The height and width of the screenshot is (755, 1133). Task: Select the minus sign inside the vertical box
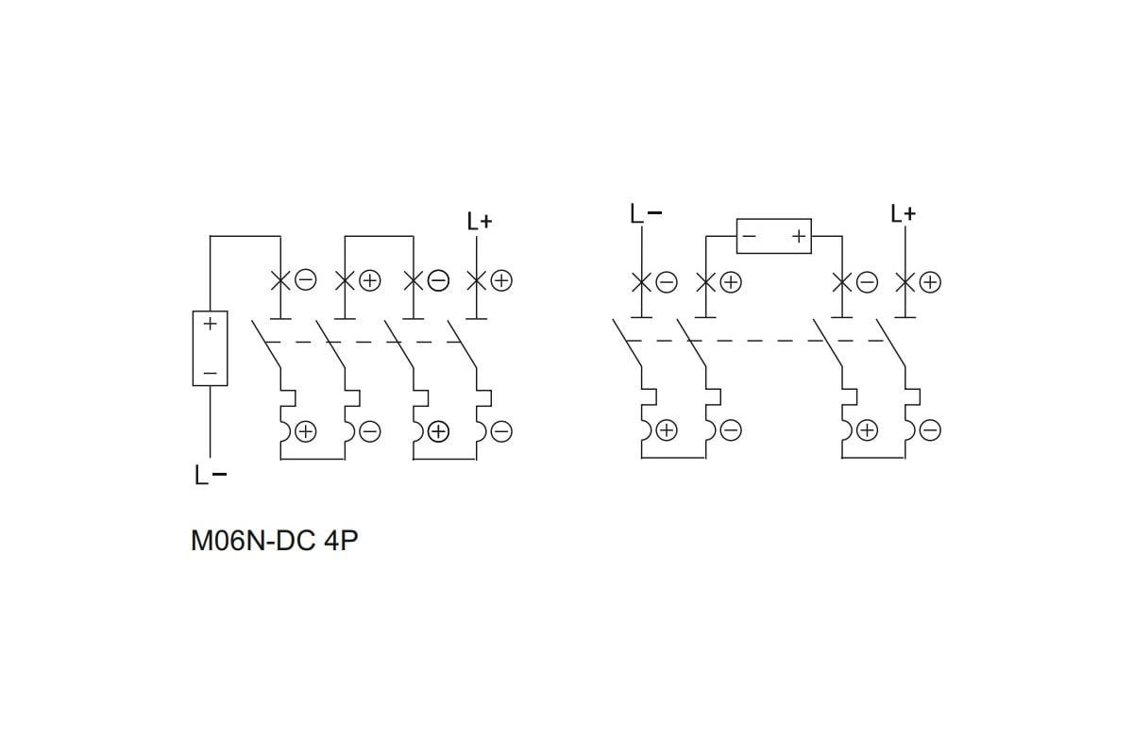click(210, 374)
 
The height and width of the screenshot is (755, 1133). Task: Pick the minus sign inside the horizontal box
click(749, 236)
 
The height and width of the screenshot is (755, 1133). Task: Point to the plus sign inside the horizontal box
click(799, 236)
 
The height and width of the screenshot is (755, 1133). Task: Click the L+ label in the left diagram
click(480, 222)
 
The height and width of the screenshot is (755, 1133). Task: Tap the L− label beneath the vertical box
click(211, 476)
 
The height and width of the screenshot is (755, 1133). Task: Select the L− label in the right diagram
click(645, 214)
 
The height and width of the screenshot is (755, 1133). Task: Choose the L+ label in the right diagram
click(904, 214)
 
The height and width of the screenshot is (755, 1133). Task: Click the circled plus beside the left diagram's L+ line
click(501, 280)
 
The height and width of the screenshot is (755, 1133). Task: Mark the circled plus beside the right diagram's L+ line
click(930, 281)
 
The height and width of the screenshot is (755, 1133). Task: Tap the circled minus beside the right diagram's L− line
click(667, 281)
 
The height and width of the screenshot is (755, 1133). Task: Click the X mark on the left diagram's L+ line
click(478, 280)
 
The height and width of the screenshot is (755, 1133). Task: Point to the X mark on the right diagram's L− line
click(642, 281)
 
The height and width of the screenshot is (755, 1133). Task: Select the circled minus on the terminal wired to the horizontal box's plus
click(867, 281)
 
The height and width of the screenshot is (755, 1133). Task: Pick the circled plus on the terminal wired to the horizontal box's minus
click(732, 281)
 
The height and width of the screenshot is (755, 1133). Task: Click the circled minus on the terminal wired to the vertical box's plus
click(305, 280)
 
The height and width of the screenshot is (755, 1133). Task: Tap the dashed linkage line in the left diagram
click(359, 342)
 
